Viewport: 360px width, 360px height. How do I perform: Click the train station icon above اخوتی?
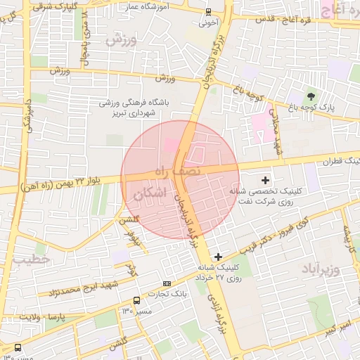click(x=207, y=11)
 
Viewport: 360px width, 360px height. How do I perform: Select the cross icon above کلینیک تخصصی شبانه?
click(x=265, y=181)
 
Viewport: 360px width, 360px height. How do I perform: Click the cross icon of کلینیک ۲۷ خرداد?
click(x=219, y=257)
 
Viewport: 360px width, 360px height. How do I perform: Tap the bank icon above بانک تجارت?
click(x=167, y=283)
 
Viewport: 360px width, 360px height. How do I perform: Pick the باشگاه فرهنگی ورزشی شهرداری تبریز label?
click(x=139, y=108)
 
